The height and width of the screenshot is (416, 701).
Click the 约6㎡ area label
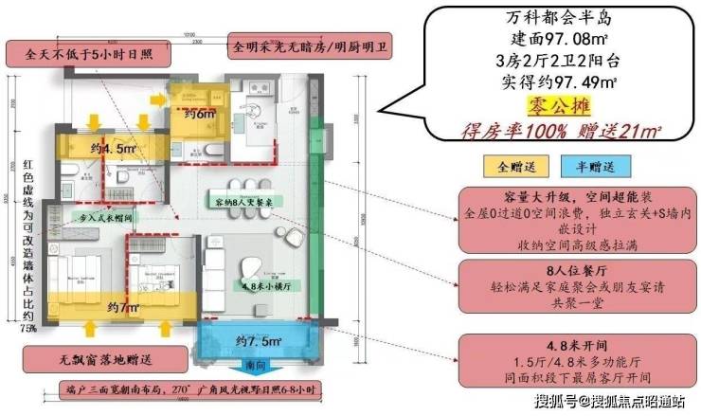199,112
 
